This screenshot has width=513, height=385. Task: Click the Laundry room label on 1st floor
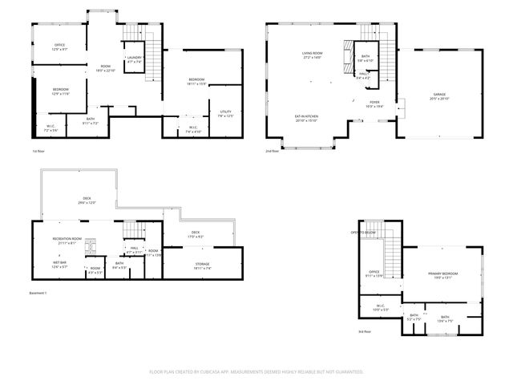pyautogui.click(x=134, y=59)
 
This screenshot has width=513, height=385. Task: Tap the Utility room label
pyautogui.click(x=225, y=113)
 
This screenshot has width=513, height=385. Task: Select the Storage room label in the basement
pyautogui.click(x=202, y=265)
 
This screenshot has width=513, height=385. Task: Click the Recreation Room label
pyautogui.click(x=67, y=240)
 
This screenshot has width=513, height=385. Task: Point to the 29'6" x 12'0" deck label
pyautogui.click(x=87, y=201)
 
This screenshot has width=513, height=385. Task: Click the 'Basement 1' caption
pyautogui.click(x=39, y=294)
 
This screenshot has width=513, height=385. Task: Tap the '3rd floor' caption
pyautogui.click(x=366, y=331)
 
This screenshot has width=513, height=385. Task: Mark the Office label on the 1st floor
pyautogui.click(x=59, y=47)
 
